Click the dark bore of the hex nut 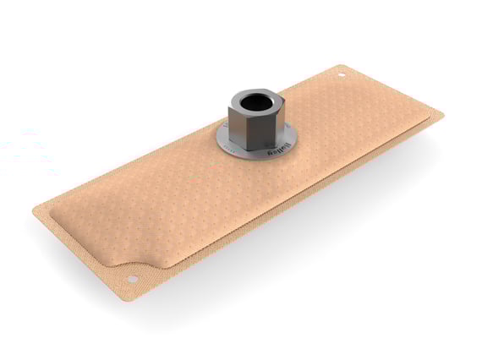pos(253,103)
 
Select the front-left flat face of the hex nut pos(239,128)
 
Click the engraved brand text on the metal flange pos(272,151)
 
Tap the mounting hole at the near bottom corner pos(132,279)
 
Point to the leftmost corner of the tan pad pos(35,207)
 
